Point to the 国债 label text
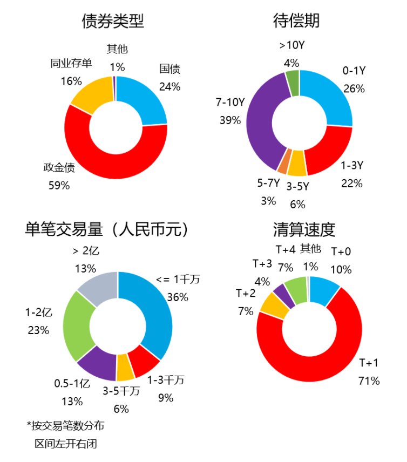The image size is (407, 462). click(x=169, y=69)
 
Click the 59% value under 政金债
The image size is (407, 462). click(x=59, y=185)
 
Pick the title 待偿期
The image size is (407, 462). click(x=296, y=21)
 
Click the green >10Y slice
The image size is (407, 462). click(x=292, y=81)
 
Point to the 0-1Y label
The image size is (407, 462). click(x=355, y=71)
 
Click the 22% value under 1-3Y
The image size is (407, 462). click(x=351, y=183)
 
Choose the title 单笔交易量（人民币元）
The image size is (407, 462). click(x=108, y=229)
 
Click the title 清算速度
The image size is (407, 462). click(x=304, y=229)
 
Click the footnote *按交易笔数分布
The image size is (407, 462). click(x=65, y=426)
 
